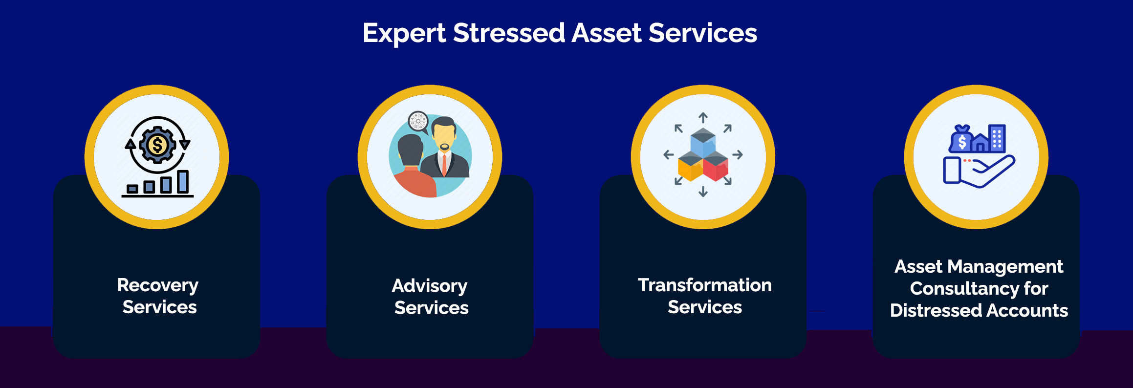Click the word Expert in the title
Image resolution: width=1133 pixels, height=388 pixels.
pos(404,34)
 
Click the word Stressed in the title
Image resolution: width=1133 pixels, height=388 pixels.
pos(509,33)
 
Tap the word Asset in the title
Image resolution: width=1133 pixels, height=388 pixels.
pos(606,33)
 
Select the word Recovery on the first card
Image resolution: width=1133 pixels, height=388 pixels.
pos(158,285)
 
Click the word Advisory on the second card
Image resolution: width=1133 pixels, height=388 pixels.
pos(430,286)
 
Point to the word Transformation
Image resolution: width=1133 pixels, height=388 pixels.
pos(705,285)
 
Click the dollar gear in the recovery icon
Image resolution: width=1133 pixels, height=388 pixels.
pos(157,145)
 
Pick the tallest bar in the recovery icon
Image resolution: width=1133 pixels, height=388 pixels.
pos(183,182)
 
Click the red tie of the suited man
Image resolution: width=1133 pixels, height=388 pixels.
pos(444,164)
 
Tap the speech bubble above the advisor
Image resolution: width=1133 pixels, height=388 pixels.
pos(419,122)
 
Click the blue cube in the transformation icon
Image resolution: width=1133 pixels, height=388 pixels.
pos(703,142)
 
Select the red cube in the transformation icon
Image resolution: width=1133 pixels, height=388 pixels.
pos(716,166)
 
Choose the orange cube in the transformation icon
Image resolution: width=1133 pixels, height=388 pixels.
pos(690,166)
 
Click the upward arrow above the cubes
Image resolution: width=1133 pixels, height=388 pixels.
pos(703,118)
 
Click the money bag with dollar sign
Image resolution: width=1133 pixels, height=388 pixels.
pos(961,139)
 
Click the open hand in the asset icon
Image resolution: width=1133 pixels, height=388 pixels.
pos(987,172)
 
